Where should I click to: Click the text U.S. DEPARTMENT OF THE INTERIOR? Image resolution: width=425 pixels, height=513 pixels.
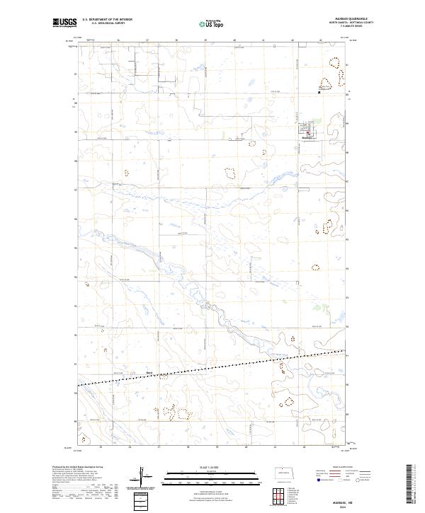coord(107,20)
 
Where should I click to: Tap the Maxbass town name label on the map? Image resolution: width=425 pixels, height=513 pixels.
coord(307,138)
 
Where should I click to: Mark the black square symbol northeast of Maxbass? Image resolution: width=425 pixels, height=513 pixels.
coord(319,91)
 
